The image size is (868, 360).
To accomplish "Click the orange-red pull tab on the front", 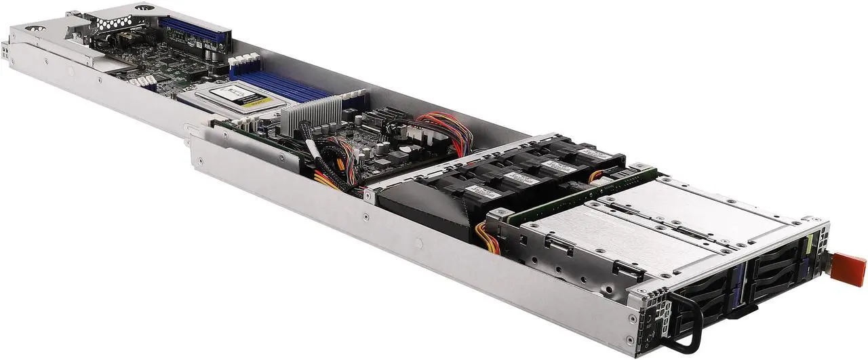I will coord(848,267).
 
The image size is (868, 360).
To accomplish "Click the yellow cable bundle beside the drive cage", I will coord(489,237).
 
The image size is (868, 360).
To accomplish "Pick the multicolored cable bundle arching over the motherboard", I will coord(445,129).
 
